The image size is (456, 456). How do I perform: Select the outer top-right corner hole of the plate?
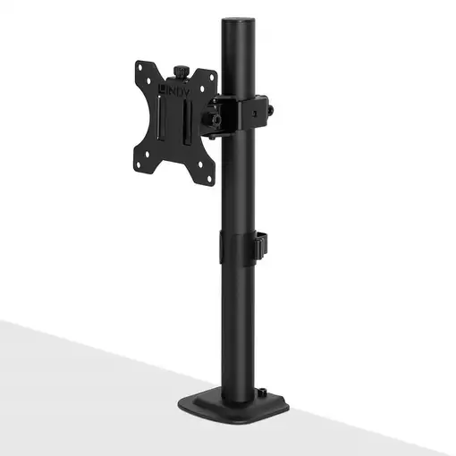coord(211,77)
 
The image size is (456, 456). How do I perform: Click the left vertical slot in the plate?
coord(159,120)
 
